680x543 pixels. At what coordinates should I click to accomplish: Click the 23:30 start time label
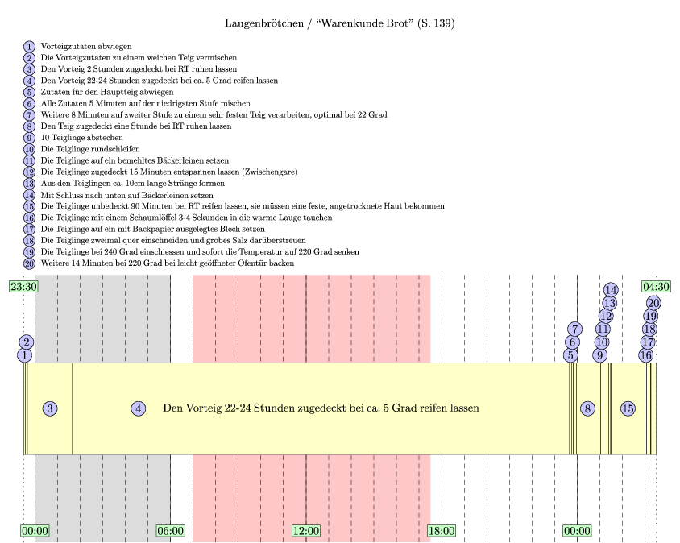coord(23,285)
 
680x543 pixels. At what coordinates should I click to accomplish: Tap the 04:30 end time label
coord(656,285)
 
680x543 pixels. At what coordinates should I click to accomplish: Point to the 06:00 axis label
coord(171,531)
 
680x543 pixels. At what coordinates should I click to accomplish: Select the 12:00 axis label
coord(306,531)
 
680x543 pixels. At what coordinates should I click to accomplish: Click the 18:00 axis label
coord(442,531)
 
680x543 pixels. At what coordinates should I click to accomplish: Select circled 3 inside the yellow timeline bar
coord(50,408)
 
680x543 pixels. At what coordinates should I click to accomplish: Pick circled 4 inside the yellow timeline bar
coord(139,408)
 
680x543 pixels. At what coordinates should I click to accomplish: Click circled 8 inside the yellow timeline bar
coord(588,408)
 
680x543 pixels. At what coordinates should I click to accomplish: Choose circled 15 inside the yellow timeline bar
coord(628,408)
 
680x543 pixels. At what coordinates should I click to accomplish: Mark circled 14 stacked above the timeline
coord(611,290)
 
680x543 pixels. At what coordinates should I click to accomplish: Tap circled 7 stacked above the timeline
coord(574,329)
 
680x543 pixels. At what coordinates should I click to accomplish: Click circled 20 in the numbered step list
coord(30,263)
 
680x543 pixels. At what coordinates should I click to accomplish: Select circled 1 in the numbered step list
coord(30,47)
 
